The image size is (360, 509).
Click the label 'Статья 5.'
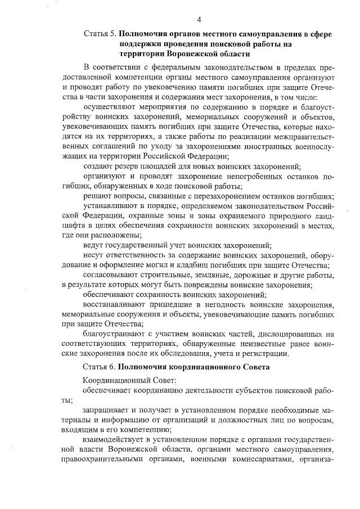[100, 34]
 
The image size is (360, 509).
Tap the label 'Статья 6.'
[99, 367]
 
